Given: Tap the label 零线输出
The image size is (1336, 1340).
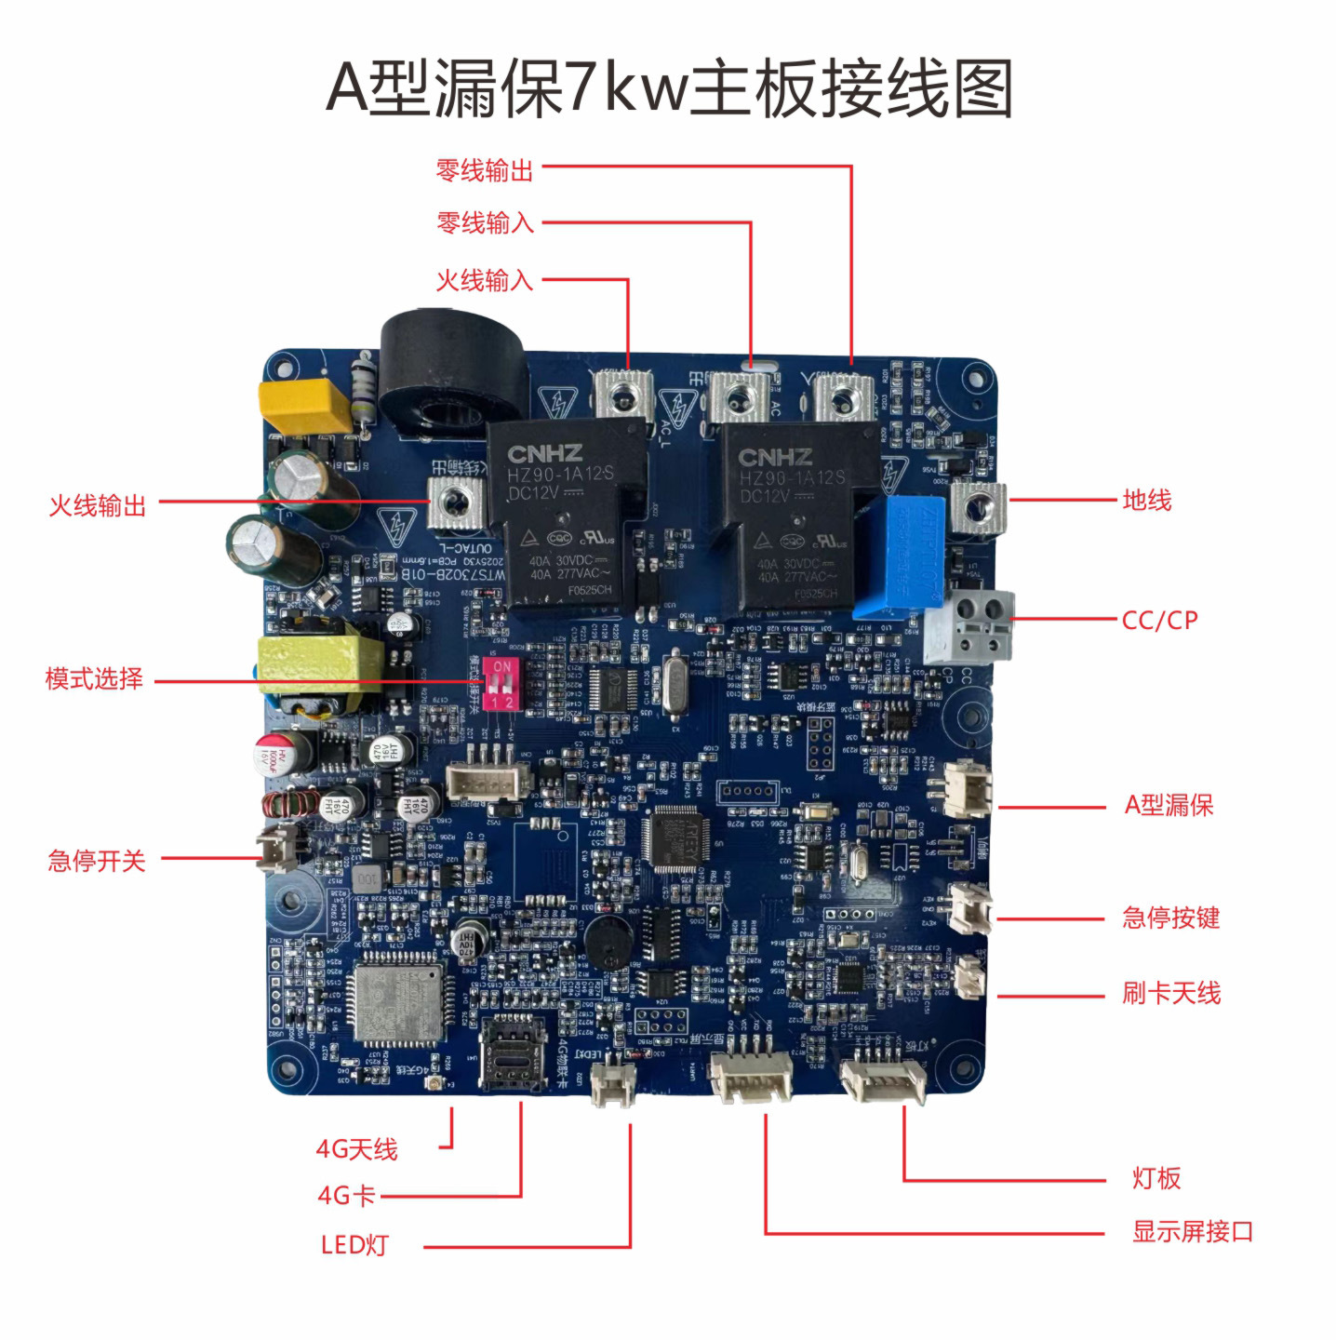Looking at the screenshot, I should click(485, 170).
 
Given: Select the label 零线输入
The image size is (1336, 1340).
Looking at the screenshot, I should click(485, 223).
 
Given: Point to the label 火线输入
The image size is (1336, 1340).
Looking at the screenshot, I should click(485, 280).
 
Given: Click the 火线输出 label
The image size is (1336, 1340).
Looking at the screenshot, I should click(98, 505).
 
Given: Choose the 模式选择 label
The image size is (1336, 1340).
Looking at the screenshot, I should click(94, 678).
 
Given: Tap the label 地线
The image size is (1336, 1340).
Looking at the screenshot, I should click(1146, 501).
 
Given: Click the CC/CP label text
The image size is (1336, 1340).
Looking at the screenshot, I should click(1159, 620).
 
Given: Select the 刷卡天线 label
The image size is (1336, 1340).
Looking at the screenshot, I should click(1170, 993).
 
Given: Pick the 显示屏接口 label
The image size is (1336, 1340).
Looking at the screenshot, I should click(1193, 1231).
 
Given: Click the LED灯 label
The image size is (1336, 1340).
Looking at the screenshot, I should click(354, 1245).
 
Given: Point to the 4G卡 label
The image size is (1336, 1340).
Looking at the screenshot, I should click(346, 1195).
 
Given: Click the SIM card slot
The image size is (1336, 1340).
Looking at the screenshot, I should click(512, 1052).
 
